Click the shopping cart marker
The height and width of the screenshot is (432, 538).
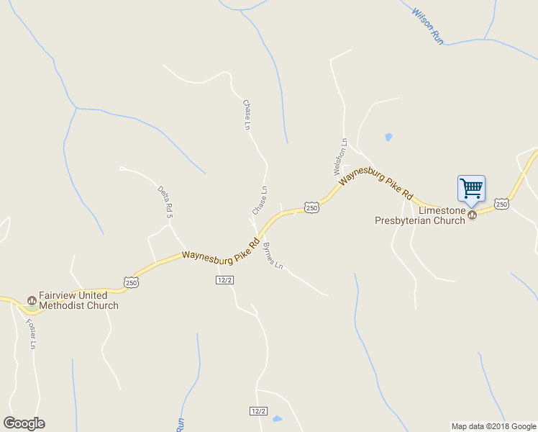(471, 189)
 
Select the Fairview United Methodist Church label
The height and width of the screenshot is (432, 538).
(73, 300)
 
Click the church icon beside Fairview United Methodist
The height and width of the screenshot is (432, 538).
(31, 300)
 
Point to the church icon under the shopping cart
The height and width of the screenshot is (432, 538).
(473, 215)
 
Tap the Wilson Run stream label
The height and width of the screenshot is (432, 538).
(427, 26)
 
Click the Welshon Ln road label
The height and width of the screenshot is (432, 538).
(339, 157)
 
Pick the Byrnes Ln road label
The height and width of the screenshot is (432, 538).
(273, 256)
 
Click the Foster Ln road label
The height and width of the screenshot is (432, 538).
(32, 333)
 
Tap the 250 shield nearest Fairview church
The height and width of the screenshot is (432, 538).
(130, 282)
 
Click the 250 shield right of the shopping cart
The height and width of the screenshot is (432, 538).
(501, 205)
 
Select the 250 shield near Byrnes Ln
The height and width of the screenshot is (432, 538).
(311, 207)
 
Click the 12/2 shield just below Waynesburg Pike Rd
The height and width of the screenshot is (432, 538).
(224, 279)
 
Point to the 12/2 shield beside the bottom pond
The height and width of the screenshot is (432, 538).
(258, 411)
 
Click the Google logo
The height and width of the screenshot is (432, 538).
(24, 423)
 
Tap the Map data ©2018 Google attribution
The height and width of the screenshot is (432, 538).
(493, 426)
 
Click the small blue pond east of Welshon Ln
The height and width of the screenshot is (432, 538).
(388, 136)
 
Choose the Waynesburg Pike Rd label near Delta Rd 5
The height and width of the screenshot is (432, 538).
(220, 248)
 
